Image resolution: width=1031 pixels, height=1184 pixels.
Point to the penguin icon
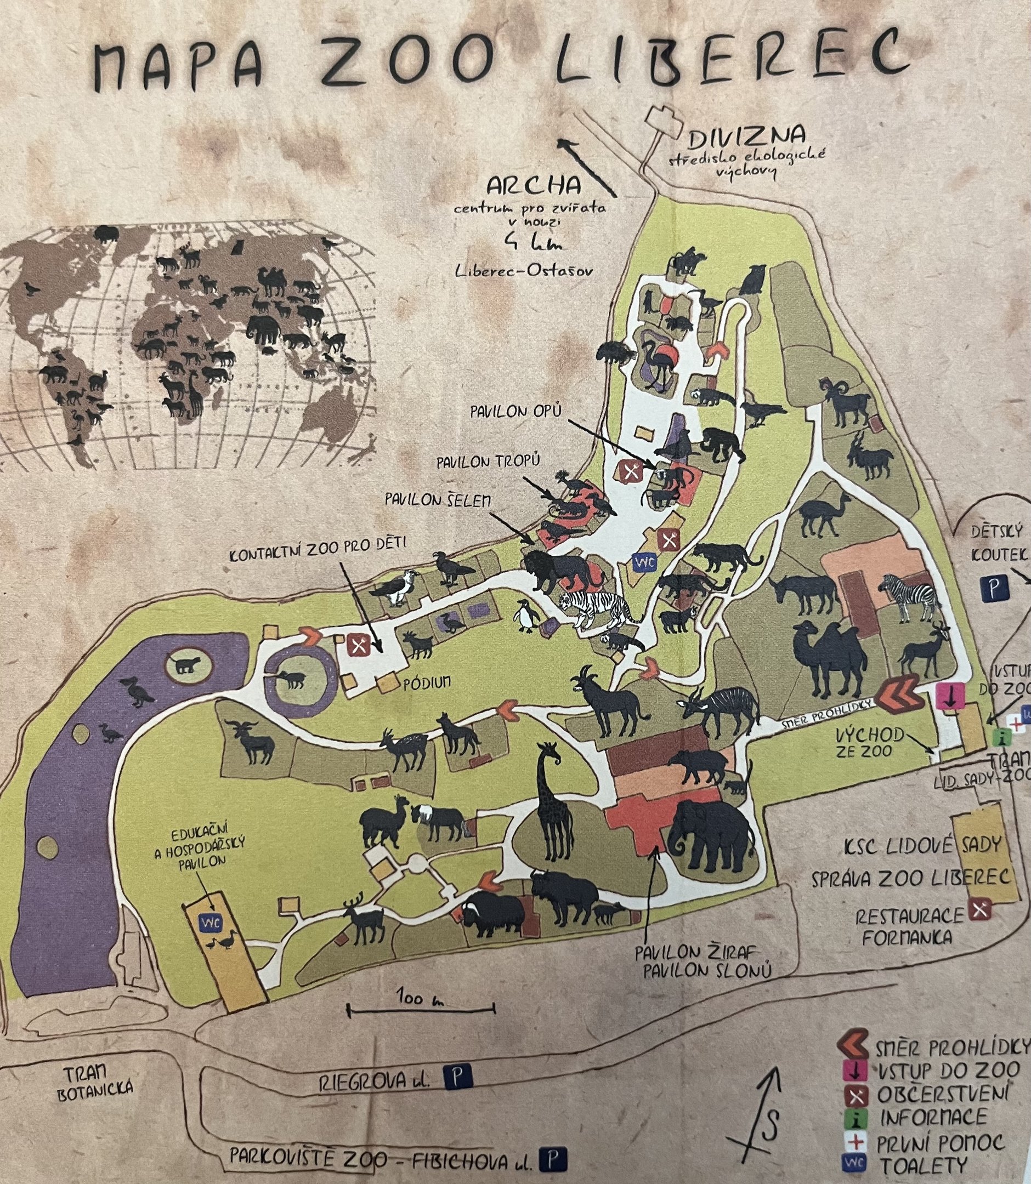(x=527, y=614)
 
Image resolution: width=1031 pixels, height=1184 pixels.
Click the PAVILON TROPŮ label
(x=490, y=461)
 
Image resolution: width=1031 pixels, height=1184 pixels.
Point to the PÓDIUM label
(x=426, y=682)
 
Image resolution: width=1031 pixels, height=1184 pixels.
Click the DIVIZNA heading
(x=746, y=137)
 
